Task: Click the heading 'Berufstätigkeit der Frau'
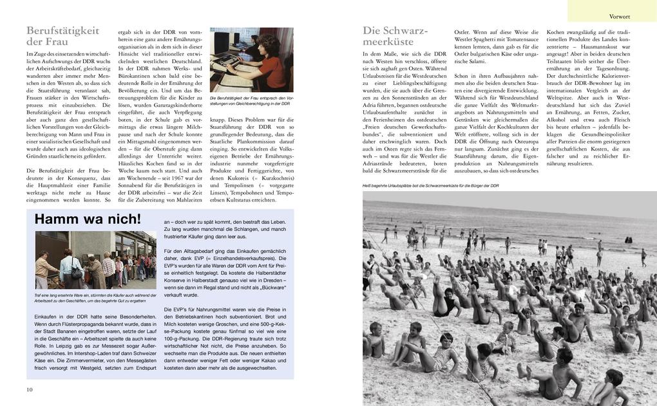click(62, 36)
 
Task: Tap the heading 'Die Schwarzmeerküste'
click(395, 36)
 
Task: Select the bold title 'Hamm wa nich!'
click(88, 219)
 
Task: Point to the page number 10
click(30, 390)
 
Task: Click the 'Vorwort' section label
click(619, 16)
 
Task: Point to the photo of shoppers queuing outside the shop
click(95, 260)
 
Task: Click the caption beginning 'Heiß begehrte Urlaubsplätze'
click(430, 185)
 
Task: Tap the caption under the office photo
click(251, 100)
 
